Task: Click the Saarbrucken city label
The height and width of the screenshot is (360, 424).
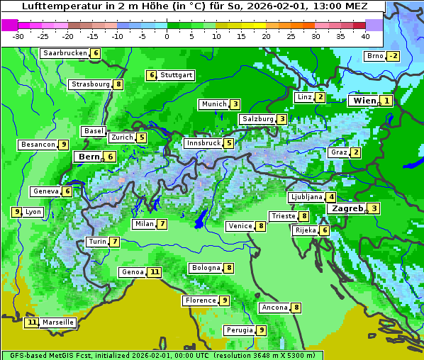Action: pyautogui.click(x=65, y=53)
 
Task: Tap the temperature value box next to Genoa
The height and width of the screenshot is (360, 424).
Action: pyautogui.click(x=154, y=272)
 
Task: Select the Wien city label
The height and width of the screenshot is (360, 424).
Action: pyautogui.click(x=364, y=101)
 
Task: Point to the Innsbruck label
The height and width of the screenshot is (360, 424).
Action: pyautogui.click(x=202, y=143)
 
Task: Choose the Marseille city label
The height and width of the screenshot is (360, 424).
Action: pyautogui.click(x=58, y=322)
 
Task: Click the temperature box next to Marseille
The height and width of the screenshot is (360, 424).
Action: pyautogui.click(x=31, y=322)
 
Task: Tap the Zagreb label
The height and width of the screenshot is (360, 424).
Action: pyautogui.click(x=347, y=208)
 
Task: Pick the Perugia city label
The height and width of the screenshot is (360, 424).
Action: pyautogui.click(x=239, y=330)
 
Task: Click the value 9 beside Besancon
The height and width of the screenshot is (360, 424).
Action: pyautogui.click(x=64, y=145)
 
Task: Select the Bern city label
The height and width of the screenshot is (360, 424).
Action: pyautogui.click(x=89, y=157)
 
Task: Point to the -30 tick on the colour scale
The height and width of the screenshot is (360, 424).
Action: pyautogui.click(x=18, y=35)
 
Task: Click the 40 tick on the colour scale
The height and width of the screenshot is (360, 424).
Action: pyautogui.click(x=365, y=35)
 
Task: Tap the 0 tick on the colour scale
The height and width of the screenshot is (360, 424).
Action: pyautogui.click(x=167, y=35)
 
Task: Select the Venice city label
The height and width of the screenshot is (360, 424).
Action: pyautogui.click(x=240, y=226)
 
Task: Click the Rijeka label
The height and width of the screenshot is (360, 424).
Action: pyautogui.click(x=305, y=230)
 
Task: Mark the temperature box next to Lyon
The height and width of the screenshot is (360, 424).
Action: pyautogui.click(x=16, y=212)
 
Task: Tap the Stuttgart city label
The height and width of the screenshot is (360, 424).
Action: pyautogui.click(x=176, y=75)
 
